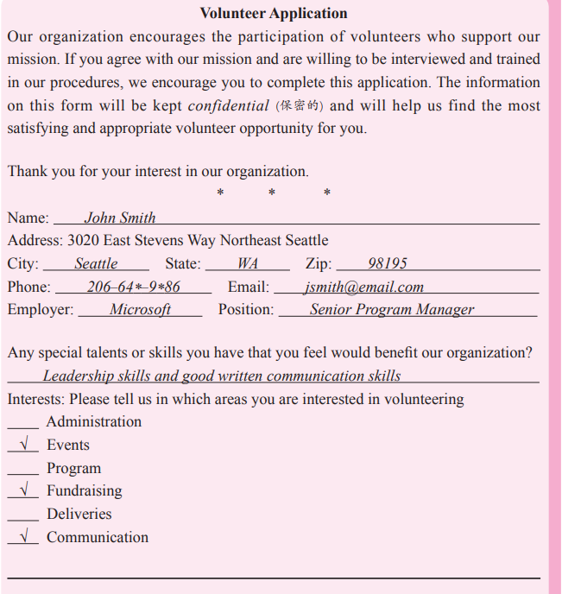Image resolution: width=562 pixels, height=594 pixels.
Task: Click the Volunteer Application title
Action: pyautogui.click(x=274, y=13)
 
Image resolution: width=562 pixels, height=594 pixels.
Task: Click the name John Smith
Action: pyautogui.click(x=120, y=218)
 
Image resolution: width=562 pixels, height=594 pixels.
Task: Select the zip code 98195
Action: pyautogui.click(x=387, y=263)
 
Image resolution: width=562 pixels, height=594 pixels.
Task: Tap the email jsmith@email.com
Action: pyautogui.click(x=363, y=287)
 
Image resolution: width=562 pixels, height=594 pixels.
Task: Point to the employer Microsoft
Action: pyautogui.click(x=140, y=309)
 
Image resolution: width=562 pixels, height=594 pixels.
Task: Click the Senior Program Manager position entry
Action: pyautogui.click(x=392, y=309)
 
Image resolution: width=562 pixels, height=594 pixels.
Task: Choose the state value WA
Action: pyautogui.click(x=248, y=263)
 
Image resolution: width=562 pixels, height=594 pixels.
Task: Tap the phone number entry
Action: pyautogui.click(x=133, y=287)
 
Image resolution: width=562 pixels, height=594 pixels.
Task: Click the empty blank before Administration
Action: pyautogui.click(x=23, y=423)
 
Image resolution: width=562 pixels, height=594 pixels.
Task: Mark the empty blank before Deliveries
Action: pyautogui.click(x=23, y=515)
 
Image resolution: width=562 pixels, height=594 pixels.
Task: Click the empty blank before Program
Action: pyautogui.click(x=23, y=470)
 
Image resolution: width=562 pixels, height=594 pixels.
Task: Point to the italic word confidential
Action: pyautogui.click(x=228, y=106)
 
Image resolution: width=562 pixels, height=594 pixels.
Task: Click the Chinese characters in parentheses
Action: pyautogui.click(x=299, y=106)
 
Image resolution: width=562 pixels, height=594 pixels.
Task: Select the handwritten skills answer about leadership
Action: pyautogui.click(x=222, y=376)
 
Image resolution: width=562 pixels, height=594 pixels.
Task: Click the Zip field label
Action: pyautogui.click(x=319, y=263)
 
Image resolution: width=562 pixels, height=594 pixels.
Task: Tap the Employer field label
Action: pyautogui.click(x=41, y=309)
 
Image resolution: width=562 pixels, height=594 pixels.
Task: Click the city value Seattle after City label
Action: pyautogui.click(x=96, y=263)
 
